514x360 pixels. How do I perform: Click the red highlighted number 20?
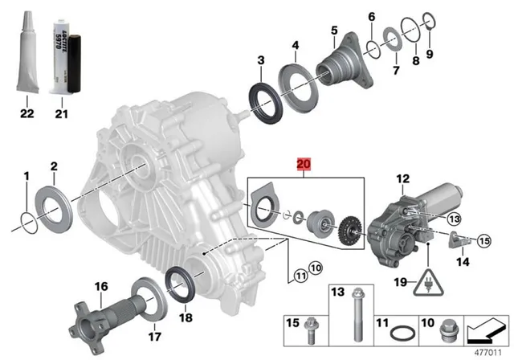(x=303, y=166)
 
